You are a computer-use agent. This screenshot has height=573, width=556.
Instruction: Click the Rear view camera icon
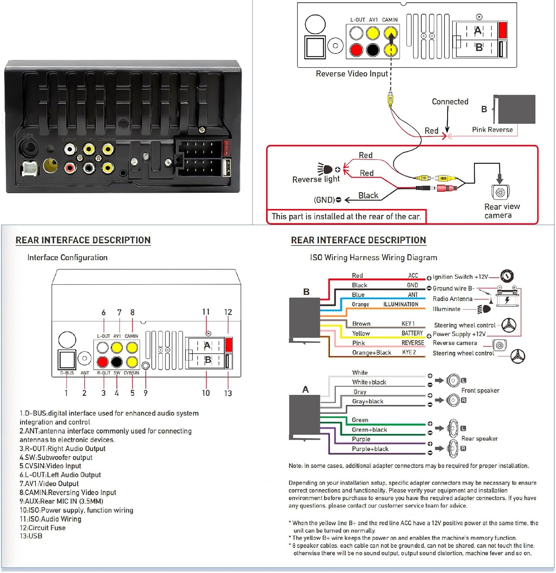pos(500,192)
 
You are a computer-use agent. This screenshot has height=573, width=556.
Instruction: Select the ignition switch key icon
pos(507,275)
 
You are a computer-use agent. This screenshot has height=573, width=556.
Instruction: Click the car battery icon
pos(507,298)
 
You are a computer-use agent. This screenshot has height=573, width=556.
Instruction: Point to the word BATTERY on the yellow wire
pos(412,333)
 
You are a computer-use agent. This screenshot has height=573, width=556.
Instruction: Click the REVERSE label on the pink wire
pos(413,343)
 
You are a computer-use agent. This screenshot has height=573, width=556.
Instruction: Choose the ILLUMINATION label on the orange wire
pos(401,304)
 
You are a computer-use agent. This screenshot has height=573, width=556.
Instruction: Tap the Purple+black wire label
pos(370,449)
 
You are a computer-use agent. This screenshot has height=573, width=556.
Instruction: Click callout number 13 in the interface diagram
pos(228,393)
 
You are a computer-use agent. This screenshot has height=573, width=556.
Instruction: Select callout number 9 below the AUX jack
pos(145,393)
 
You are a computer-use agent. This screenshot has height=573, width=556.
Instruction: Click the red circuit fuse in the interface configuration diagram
pos(229,344)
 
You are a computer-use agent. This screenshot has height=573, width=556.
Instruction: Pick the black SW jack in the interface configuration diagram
pos(117,361)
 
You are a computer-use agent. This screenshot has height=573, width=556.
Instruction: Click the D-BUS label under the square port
pos(67,373)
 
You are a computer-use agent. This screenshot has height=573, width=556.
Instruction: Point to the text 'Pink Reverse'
pos(492,129)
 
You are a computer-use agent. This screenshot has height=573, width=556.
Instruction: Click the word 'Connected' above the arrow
pos(450,102)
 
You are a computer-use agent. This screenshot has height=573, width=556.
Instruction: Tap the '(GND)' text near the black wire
pos(324,200)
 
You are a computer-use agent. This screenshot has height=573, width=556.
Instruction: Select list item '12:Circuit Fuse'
pos(42,528)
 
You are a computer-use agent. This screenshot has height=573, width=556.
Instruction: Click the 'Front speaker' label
pos(480,390)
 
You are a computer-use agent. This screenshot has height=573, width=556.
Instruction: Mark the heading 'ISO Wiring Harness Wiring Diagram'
pos(374,257)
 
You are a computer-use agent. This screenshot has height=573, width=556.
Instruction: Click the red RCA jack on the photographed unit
pos(70,167)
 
